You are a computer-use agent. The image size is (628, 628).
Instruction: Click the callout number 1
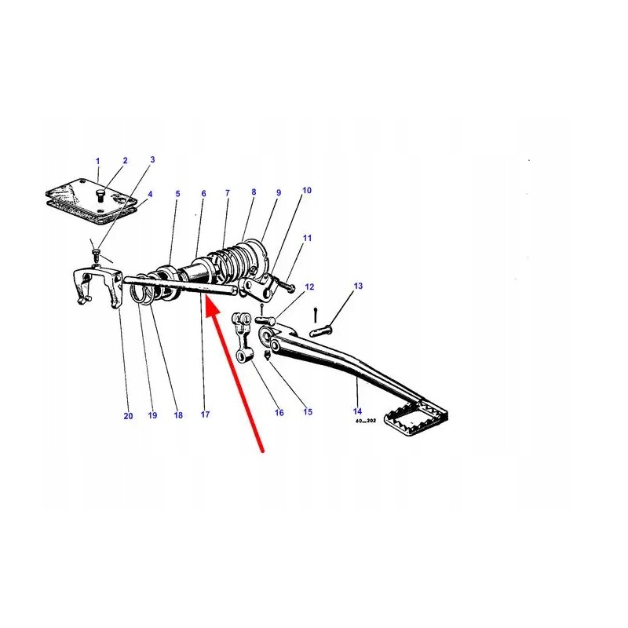[x=97, y=161]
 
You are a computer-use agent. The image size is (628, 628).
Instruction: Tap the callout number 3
[x=152, y=159]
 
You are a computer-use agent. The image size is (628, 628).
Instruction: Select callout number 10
[x=307, y=190]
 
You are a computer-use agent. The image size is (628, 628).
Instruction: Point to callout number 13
[x=358, y=286]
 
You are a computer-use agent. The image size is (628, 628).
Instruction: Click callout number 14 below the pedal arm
[x=358, y=411]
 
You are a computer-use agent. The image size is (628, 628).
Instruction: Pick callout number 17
[x=205, y=414]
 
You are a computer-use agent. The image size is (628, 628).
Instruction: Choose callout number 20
[x=128, y=416]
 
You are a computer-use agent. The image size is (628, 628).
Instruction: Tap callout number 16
[x=279, y=413]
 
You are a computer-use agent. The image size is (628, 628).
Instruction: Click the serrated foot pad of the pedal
[x=416, y=417]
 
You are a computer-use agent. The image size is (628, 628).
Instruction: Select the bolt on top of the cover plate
[x=100, y=195]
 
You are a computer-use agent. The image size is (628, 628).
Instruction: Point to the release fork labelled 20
[x=97, y=287]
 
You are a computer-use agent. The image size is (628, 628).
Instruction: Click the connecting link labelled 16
[x=242, y=338]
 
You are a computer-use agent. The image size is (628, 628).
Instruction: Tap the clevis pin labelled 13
[x=321, y=331]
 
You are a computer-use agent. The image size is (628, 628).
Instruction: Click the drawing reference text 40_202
[x=365, y=421]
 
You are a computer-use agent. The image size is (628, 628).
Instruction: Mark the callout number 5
[x=178, y=194]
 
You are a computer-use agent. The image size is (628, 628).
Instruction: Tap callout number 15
[x=308, y=411]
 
